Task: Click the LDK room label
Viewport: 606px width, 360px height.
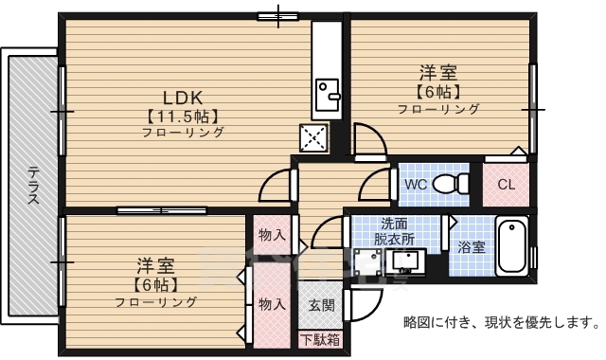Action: coord(184,97)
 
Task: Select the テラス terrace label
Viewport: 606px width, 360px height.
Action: coord(34,186)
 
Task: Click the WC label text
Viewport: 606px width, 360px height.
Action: coord(416,184)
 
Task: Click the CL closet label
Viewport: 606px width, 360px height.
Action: coord(506,185)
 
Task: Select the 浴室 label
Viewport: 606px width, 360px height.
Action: coord(472,246)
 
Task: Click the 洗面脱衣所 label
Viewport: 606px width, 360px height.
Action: coord(394,232)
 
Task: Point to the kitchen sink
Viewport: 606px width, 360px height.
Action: coord(329,94)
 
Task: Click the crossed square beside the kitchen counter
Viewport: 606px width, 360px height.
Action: coord(312,137)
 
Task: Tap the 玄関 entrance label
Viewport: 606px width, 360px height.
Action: coord(320,305)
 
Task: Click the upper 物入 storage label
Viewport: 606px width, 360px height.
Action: coord(271,234)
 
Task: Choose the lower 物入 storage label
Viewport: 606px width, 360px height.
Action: coord(271,304)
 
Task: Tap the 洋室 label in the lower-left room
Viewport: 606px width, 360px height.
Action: coord(155,264)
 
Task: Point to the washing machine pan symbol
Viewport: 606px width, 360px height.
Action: coord(366,264)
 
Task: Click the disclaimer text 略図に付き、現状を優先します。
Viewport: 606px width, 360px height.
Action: coord(501,322)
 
